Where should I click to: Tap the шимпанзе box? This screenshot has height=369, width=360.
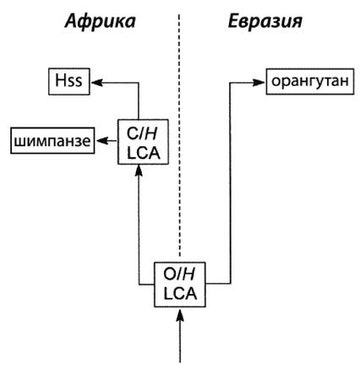tap(50, 138)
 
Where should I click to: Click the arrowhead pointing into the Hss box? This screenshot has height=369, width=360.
tap(95, 83)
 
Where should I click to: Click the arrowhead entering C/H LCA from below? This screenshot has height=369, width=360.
tap(140, 168)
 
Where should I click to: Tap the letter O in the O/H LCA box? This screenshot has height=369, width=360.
tap(170, 274)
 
